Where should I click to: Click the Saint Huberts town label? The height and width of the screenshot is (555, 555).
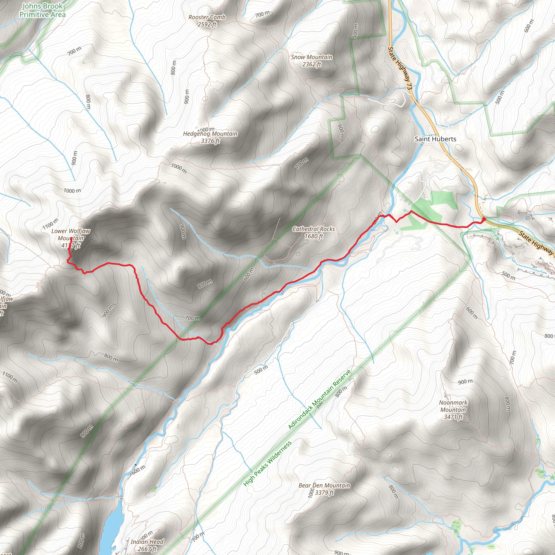click(435, 139)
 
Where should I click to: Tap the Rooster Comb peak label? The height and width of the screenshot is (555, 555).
click(207, 21)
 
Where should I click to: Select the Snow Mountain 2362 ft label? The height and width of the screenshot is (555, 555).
click(312, 61)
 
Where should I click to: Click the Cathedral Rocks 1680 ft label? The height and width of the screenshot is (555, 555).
click(314, 233)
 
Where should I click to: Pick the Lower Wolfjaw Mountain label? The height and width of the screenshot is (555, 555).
click(71, 238)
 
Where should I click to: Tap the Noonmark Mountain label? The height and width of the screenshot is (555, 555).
click(453, 410)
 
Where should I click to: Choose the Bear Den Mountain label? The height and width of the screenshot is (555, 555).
click(324, 489)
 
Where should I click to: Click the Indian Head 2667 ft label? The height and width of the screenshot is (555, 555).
click(147, 545)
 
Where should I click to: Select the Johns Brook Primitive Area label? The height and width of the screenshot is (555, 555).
click(42, 10)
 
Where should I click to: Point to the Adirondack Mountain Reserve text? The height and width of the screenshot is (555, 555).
click(320, 400)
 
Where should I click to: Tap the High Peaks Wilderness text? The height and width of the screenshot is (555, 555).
click(267, 463)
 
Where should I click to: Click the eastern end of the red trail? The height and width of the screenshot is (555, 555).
click(484, 220)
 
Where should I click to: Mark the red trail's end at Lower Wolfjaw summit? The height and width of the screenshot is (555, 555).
click(71, 238)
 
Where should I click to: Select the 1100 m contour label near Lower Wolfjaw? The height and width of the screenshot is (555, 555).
click(50, 224)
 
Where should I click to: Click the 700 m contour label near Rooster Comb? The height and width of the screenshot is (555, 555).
click(262, 14)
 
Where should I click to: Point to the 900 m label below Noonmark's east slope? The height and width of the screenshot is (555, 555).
click(465, 382)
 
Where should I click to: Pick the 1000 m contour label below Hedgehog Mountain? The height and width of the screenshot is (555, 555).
click(179, 168)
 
